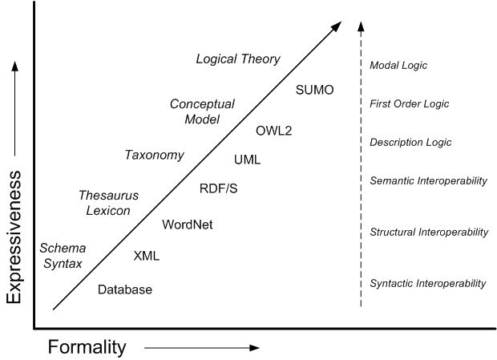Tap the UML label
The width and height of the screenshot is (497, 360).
point(247,160)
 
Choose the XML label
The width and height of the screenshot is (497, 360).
point(147,257)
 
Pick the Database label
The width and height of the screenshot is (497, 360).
point(124,289)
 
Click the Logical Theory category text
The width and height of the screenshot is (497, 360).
point(238,59)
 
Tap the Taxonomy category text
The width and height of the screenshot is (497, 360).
point(154,155)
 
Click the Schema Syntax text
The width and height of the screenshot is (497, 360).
point(63,256)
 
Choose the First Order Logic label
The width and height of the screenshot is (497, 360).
point(409,104)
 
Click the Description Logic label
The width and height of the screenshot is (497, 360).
point(410,143)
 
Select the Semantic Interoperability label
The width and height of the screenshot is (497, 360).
point(428,181)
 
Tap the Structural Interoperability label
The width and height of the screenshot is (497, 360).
point(429,233)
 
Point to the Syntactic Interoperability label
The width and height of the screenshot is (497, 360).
point(428,284)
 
